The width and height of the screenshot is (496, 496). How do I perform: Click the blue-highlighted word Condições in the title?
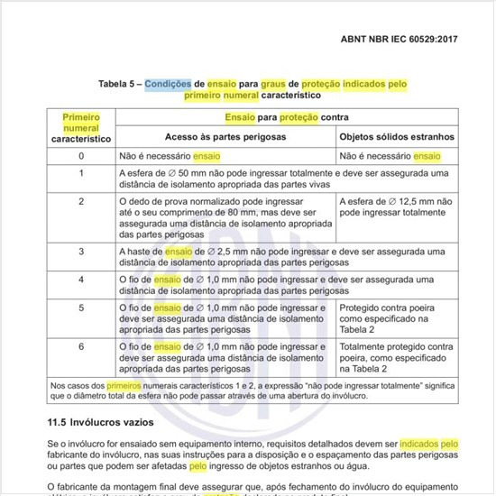pyautogui.click(x=173, y=82)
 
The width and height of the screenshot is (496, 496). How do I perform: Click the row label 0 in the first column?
pyautogui.click(x=81, y=156)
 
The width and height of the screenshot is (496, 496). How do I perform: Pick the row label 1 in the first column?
pyautogui.click(x=81, y=173)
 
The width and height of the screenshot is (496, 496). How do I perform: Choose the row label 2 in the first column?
pyautogui.click(x=81, y=200)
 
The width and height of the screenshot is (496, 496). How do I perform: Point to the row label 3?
pyautogui.click(x=81, y=251)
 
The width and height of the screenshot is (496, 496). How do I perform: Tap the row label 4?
pyautogui.click(x=81, y=280)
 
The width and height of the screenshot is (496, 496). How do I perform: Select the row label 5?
pyautogui.click(x=81, y=308)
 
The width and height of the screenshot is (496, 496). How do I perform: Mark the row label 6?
pyautogui.click(x=81, y=345)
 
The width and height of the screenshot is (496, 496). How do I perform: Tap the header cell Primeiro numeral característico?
pyautogui.click(x=81, y=128)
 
